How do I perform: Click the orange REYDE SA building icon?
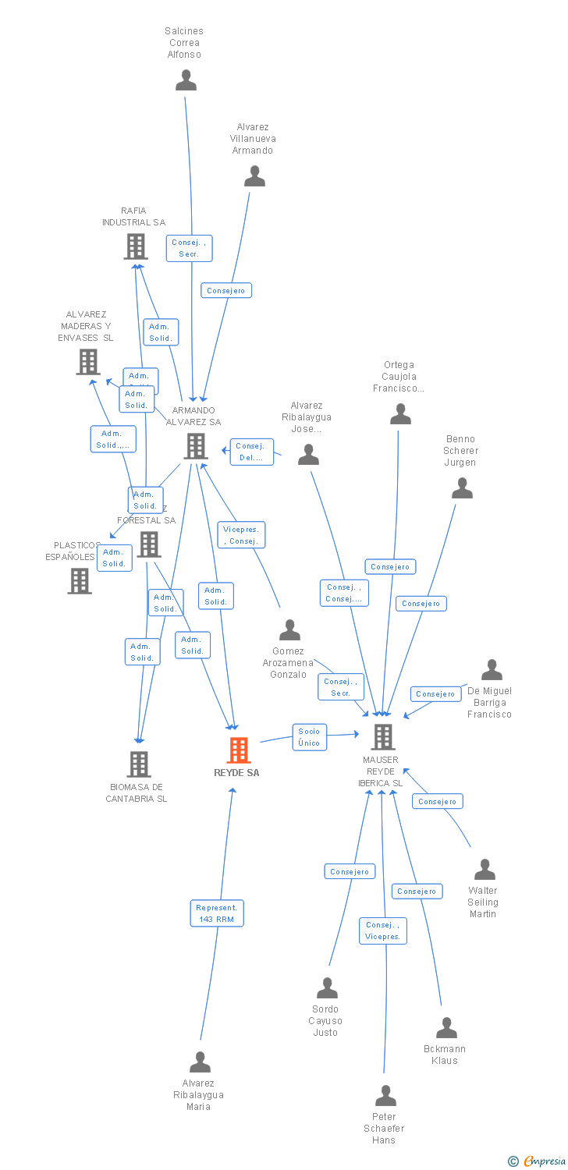pos(239,750)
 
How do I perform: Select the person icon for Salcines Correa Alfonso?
pos(186,80)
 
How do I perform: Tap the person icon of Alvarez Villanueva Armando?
pos(254,176)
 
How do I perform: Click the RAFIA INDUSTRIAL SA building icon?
pos(136,246)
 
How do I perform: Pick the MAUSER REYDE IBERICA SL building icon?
pos(382,736)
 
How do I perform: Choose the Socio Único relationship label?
pos(309,737)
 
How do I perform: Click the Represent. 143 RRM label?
pos(217,913)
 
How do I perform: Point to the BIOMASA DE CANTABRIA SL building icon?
pos(139,764)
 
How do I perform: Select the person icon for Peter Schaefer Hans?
pos(385,1096)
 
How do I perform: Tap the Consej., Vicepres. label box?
pos(383,931)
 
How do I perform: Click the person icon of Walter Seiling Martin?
pos(485,870)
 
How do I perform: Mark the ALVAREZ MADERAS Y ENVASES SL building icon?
pos(88,362)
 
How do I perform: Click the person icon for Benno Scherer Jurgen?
pos(462,488)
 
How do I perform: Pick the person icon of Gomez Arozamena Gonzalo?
pos(289,629)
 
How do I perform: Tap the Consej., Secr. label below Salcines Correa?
pos(189,248)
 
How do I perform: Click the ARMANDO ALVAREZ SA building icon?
pos(195,446)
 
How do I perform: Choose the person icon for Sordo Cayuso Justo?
pos(327,988)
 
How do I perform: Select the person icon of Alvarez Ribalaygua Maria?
pos(201,1062)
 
